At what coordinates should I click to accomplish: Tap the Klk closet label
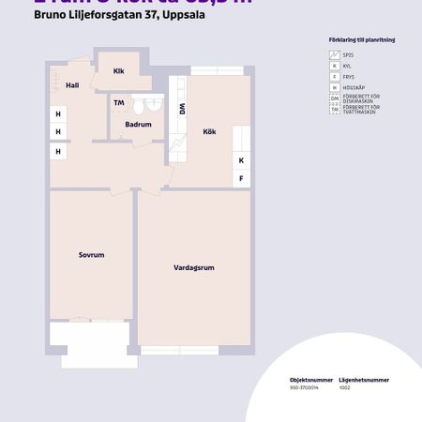point(119,71)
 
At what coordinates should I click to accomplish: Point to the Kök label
point(209,132)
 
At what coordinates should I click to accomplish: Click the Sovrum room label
point(91,254)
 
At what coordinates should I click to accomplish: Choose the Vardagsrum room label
point(194,267)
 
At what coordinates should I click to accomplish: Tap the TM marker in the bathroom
point(119,102)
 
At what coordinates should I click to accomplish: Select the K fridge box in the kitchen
point(241,159)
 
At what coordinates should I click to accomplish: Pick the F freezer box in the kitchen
point(241,178)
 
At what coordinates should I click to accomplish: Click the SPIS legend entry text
point(348,55)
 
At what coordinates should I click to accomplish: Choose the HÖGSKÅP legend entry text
point(354,86)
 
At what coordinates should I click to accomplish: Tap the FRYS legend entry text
point(349,76)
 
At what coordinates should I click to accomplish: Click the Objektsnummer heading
point(305,380)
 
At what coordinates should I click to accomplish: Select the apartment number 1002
point(342,386)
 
